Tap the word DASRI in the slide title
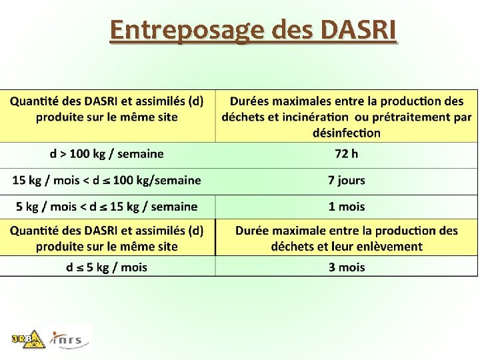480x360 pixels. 359,31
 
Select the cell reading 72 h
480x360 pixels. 346,154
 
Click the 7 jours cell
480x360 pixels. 347,180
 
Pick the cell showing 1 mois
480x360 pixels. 347,207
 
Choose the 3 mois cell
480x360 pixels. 347,267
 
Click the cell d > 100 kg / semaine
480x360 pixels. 107,154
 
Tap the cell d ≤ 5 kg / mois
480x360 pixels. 107,267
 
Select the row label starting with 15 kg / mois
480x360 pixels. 107,180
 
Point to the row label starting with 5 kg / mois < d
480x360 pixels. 107,207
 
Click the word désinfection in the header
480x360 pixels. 347,133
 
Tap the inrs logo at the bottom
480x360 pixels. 71,339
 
